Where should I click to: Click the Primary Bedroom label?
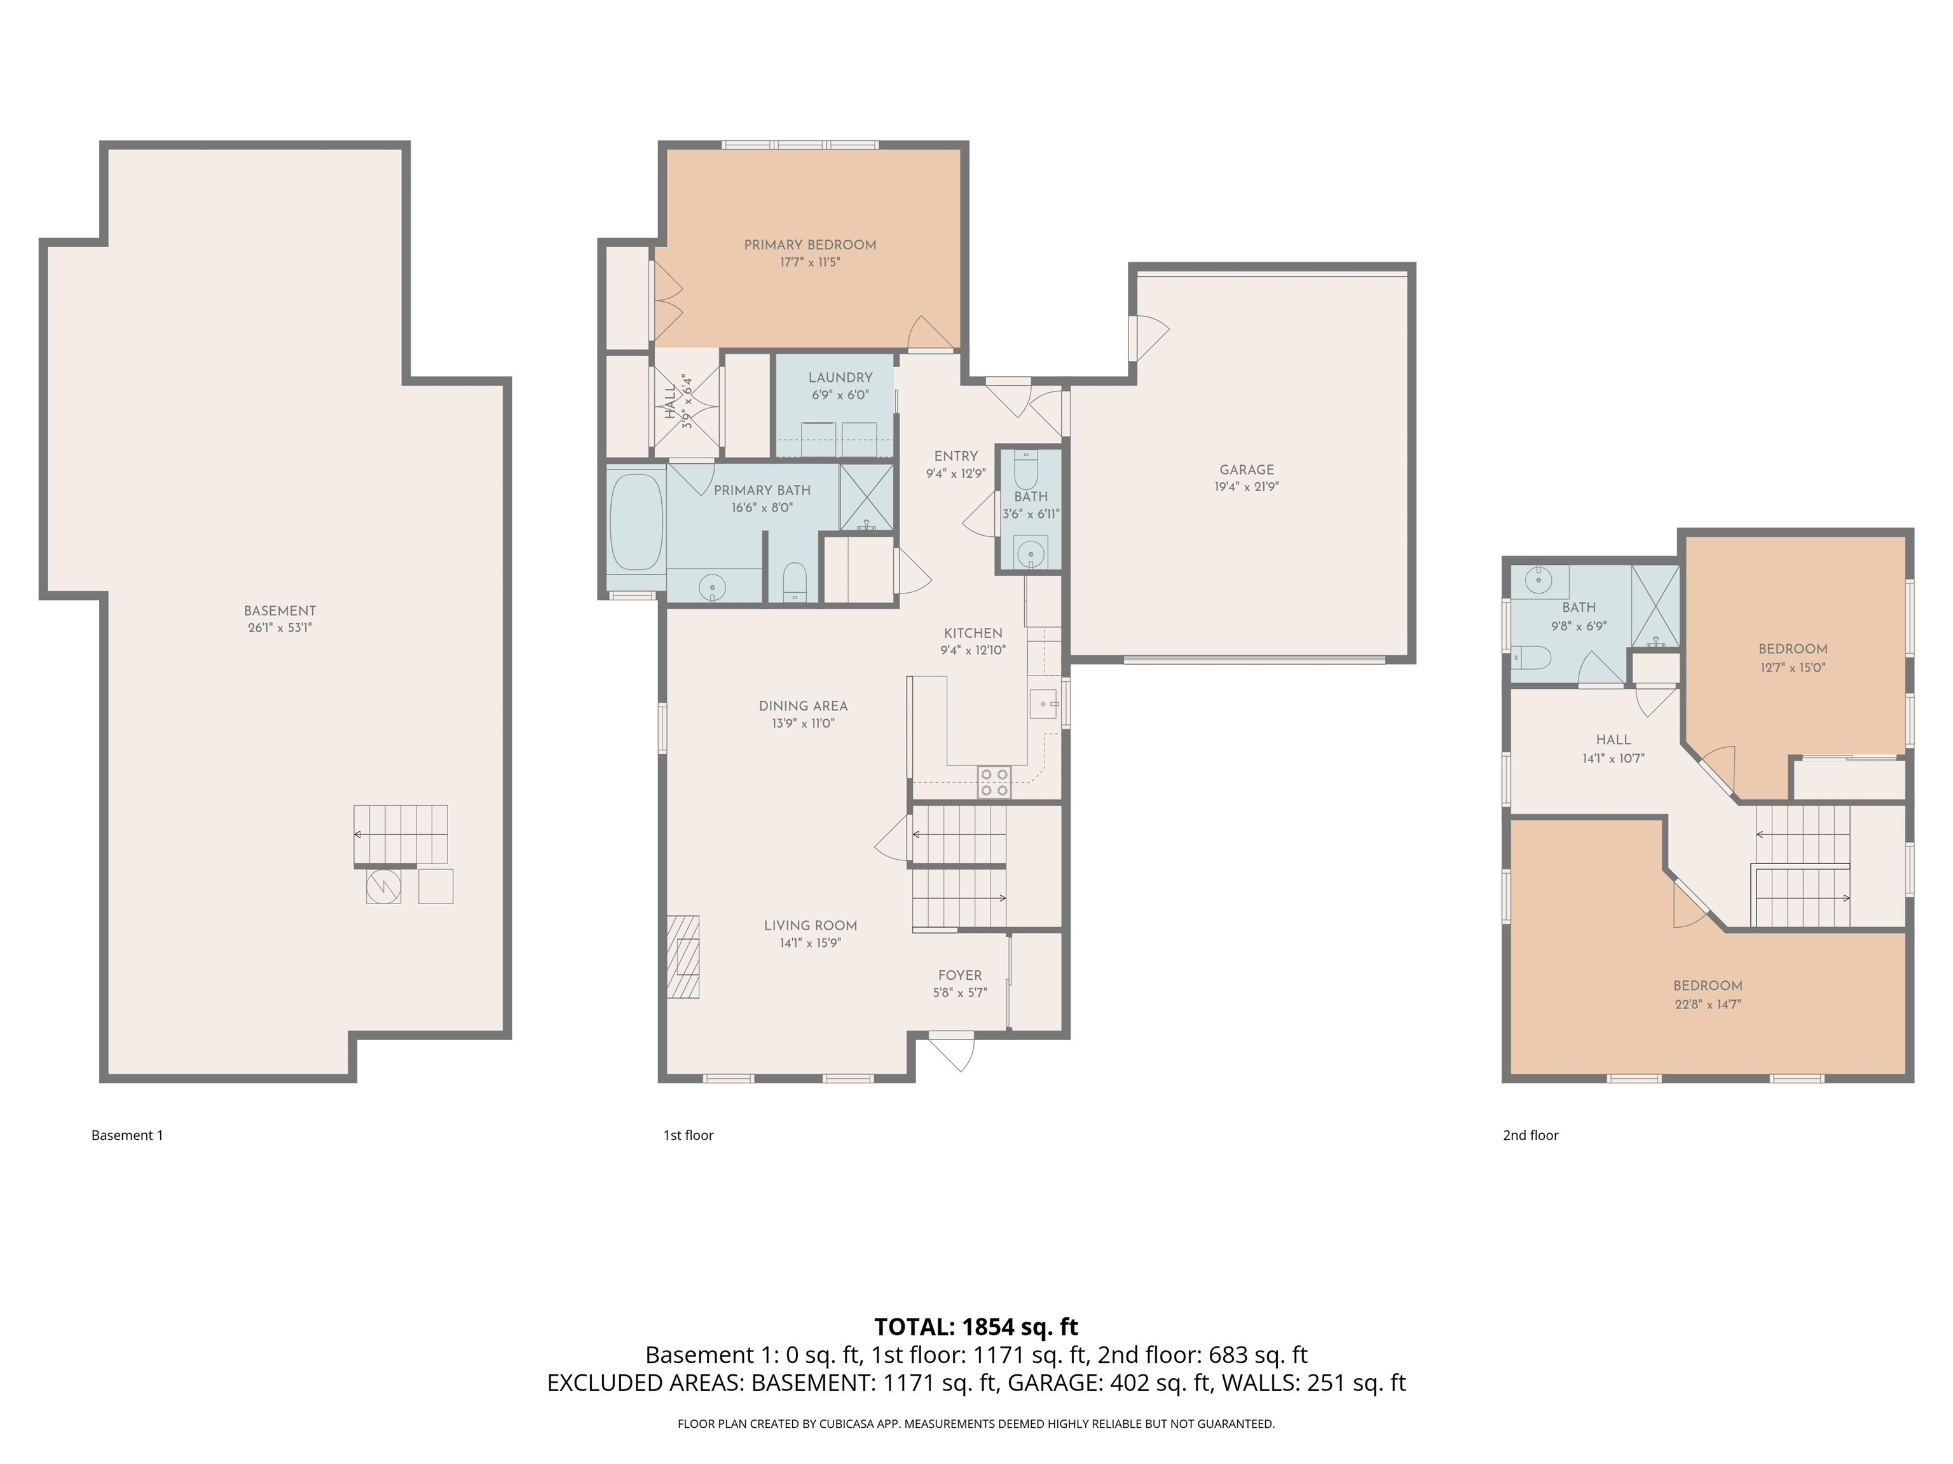(x=810, y=245)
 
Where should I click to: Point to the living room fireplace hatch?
(x=683, y=956)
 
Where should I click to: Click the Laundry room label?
(x=840, y=377)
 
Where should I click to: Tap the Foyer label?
(x=960, y=975)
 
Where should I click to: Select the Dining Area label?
(x=802, y=706)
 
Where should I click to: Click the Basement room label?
(x=280, y=611)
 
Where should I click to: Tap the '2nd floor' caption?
(x=1530, y=1135)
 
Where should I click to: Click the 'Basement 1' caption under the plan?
(x=127, y=1135)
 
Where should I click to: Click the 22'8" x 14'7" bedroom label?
(x=1708, y=994)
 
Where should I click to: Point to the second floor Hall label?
(x=1613, y=740)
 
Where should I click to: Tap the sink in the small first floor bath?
(x=1029, y=554)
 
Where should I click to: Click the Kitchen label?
(x=973, y=633)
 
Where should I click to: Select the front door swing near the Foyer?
(x=954, y=1053)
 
